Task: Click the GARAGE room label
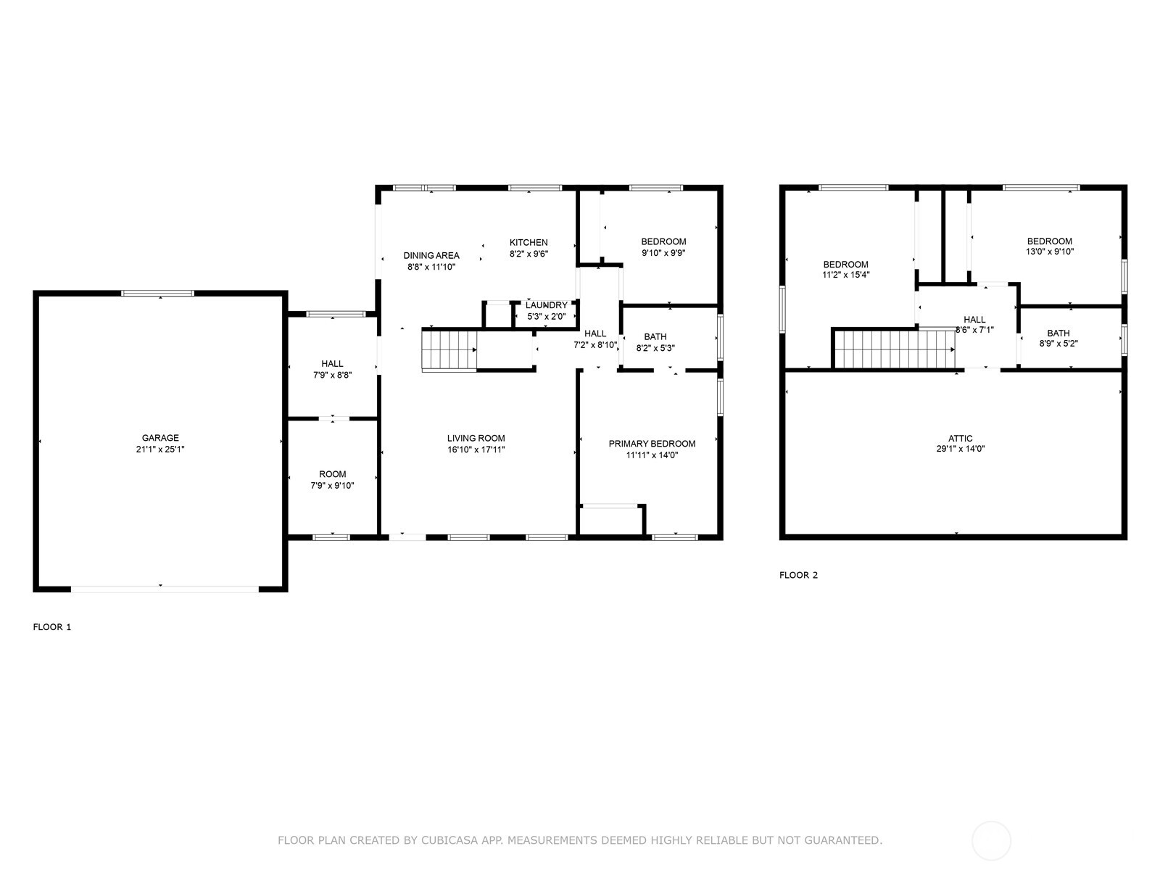160,437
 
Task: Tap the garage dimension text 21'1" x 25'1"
160,449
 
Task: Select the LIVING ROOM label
476,438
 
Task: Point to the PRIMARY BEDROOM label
652,444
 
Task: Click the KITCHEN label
529,242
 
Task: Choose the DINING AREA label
431,255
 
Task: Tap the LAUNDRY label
547,305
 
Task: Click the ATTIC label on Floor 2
960,439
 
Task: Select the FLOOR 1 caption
51,627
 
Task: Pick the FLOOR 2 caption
798,575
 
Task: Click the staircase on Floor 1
449,349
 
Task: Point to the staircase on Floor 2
894,349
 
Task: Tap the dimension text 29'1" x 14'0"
960,449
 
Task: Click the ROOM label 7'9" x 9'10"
332,474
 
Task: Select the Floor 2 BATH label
1058,333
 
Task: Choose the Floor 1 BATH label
655,336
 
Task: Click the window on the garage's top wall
157,293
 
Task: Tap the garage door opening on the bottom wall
165,589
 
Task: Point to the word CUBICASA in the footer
447,840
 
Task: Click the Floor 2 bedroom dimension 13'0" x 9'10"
1050,252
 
